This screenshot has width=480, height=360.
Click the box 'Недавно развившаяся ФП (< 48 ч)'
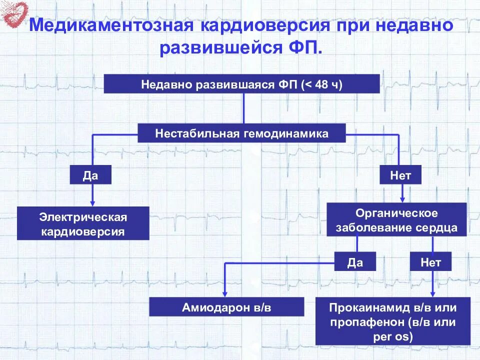241,83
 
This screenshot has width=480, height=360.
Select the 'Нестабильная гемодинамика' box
241,133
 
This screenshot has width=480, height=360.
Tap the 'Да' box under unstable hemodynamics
90,175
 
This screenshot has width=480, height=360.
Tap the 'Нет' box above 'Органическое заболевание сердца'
400,175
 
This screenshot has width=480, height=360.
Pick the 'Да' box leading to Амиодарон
354,262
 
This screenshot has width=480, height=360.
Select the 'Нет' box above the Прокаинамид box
430,262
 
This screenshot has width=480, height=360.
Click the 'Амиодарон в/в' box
227,307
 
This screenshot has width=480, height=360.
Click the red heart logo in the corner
14,13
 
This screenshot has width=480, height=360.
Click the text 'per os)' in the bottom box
393,336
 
